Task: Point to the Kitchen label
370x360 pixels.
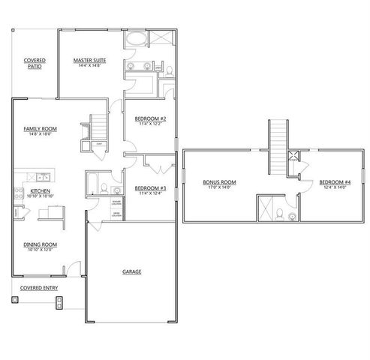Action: click(39, 190)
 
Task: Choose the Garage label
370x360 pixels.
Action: click(132, 271)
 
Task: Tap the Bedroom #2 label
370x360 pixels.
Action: click(150, 119)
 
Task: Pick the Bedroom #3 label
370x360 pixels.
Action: click(150, 188)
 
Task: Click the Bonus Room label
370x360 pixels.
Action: click(219, 181)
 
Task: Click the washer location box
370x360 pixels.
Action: click(117, 203)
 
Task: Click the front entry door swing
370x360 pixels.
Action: click(73, 267)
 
